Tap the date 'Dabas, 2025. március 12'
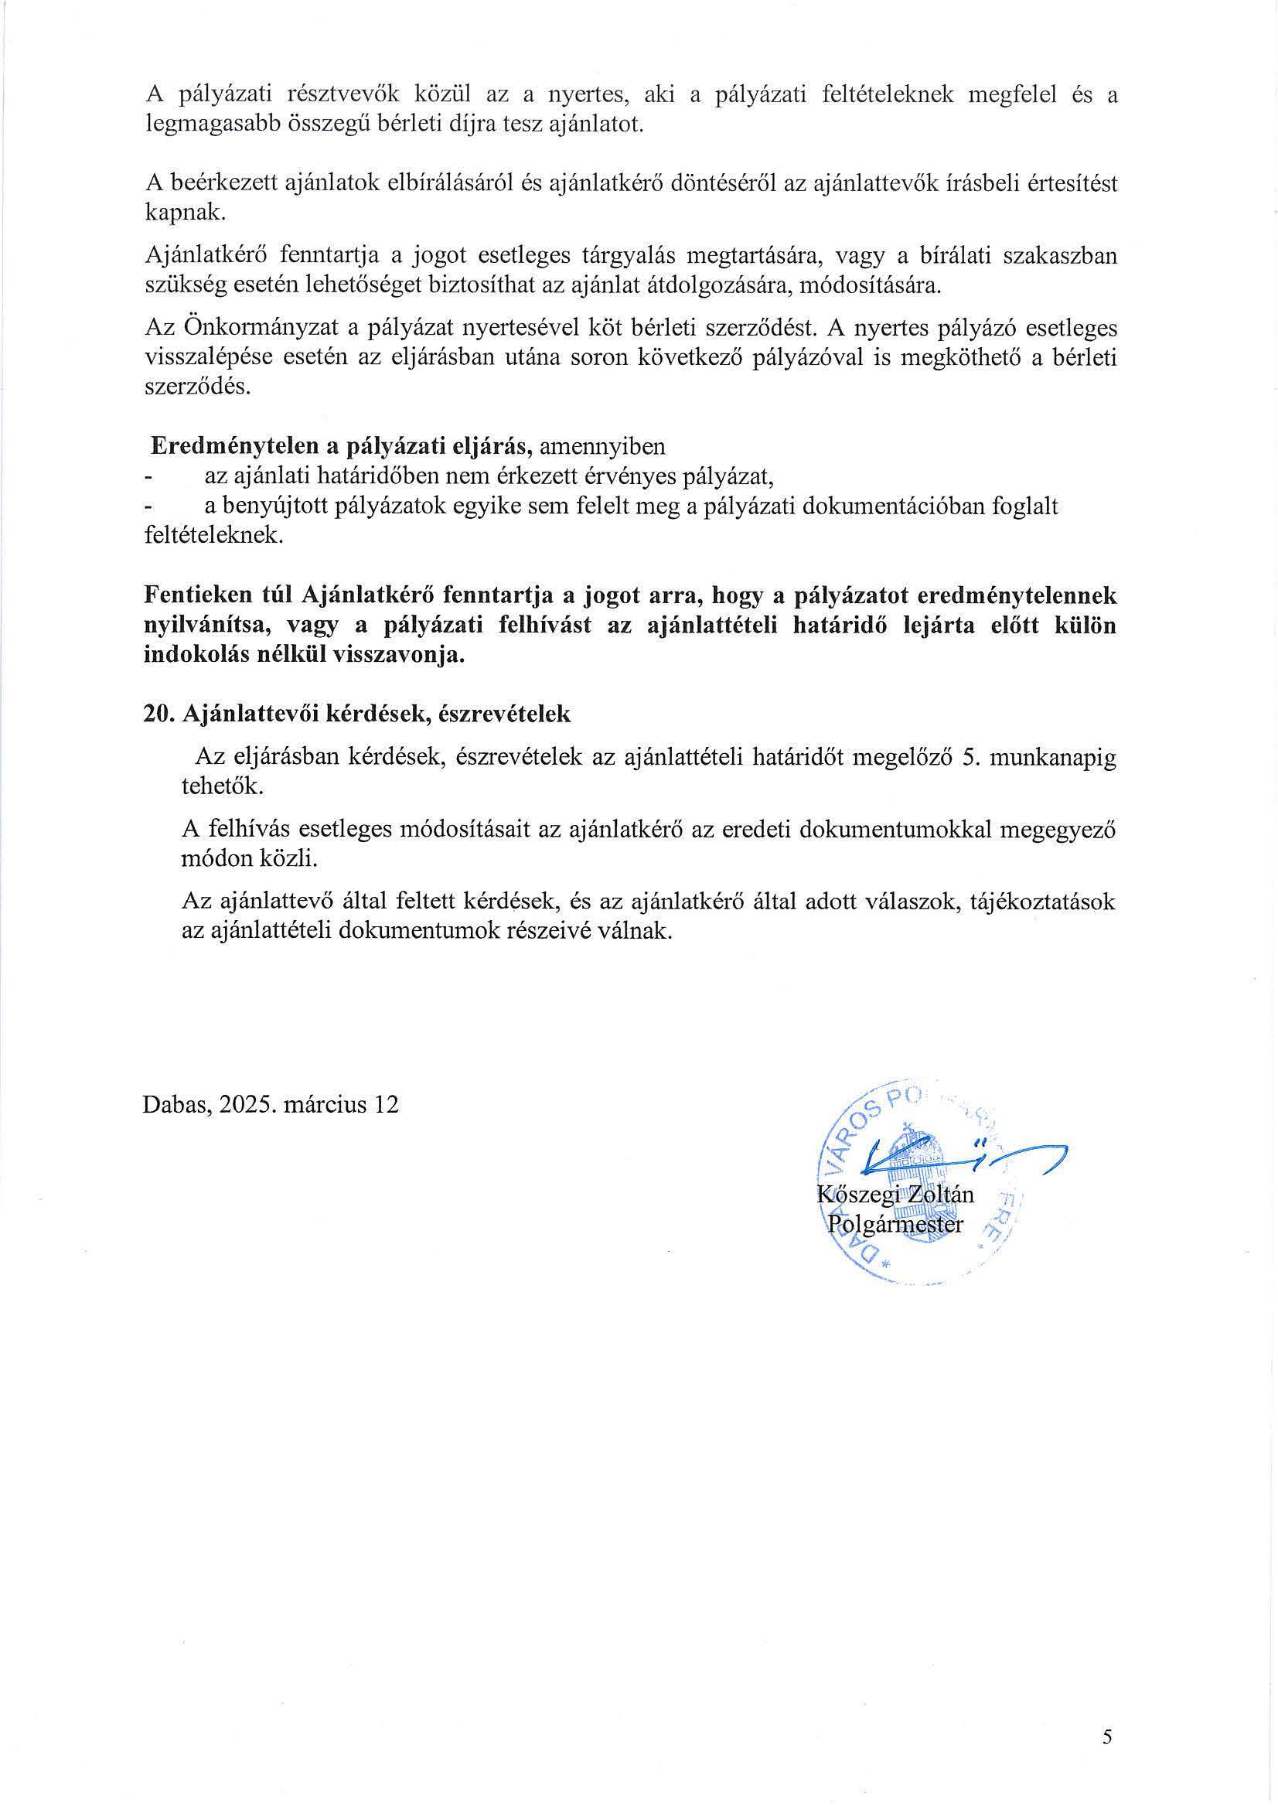(270, 1104)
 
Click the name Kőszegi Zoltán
(895, 1195)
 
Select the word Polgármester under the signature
(895, 1225)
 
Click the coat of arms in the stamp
(913, 1181)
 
